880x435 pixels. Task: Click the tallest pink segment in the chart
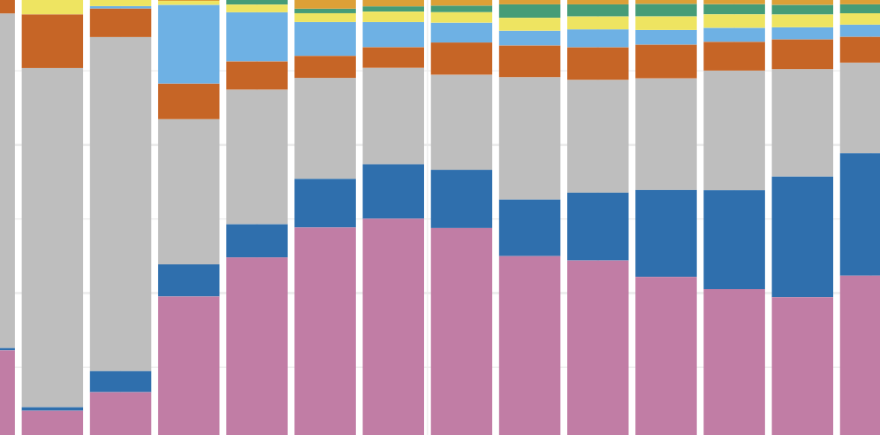point(393,326)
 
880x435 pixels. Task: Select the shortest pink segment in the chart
point(52,423)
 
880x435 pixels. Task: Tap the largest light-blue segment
point(189,44)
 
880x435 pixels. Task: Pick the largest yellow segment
point(52,6)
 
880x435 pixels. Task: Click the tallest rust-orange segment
point(52,41)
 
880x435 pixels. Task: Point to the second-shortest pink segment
point(120,413)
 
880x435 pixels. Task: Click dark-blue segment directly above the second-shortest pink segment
point(120,381)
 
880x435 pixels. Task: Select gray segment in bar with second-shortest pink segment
point(120,203)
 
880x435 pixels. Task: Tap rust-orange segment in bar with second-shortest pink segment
point(120,22)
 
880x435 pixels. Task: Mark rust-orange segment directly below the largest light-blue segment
point(189,102)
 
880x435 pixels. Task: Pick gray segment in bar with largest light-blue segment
point(189,191)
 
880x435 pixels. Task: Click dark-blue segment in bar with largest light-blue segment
point(189,279)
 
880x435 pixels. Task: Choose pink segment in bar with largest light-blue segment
point(189,365)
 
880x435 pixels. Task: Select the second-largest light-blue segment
point(257,36)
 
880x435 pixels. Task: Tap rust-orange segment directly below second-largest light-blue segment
point(257,75)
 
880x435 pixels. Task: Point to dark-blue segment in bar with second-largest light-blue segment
point(257,240)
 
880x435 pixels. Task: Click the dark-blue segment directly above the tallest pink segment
point(393,191)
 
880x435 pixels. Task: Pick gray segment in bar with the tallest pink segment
point(393,116)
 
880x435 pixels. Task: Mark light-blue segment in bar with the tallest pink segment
point(393,34)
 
